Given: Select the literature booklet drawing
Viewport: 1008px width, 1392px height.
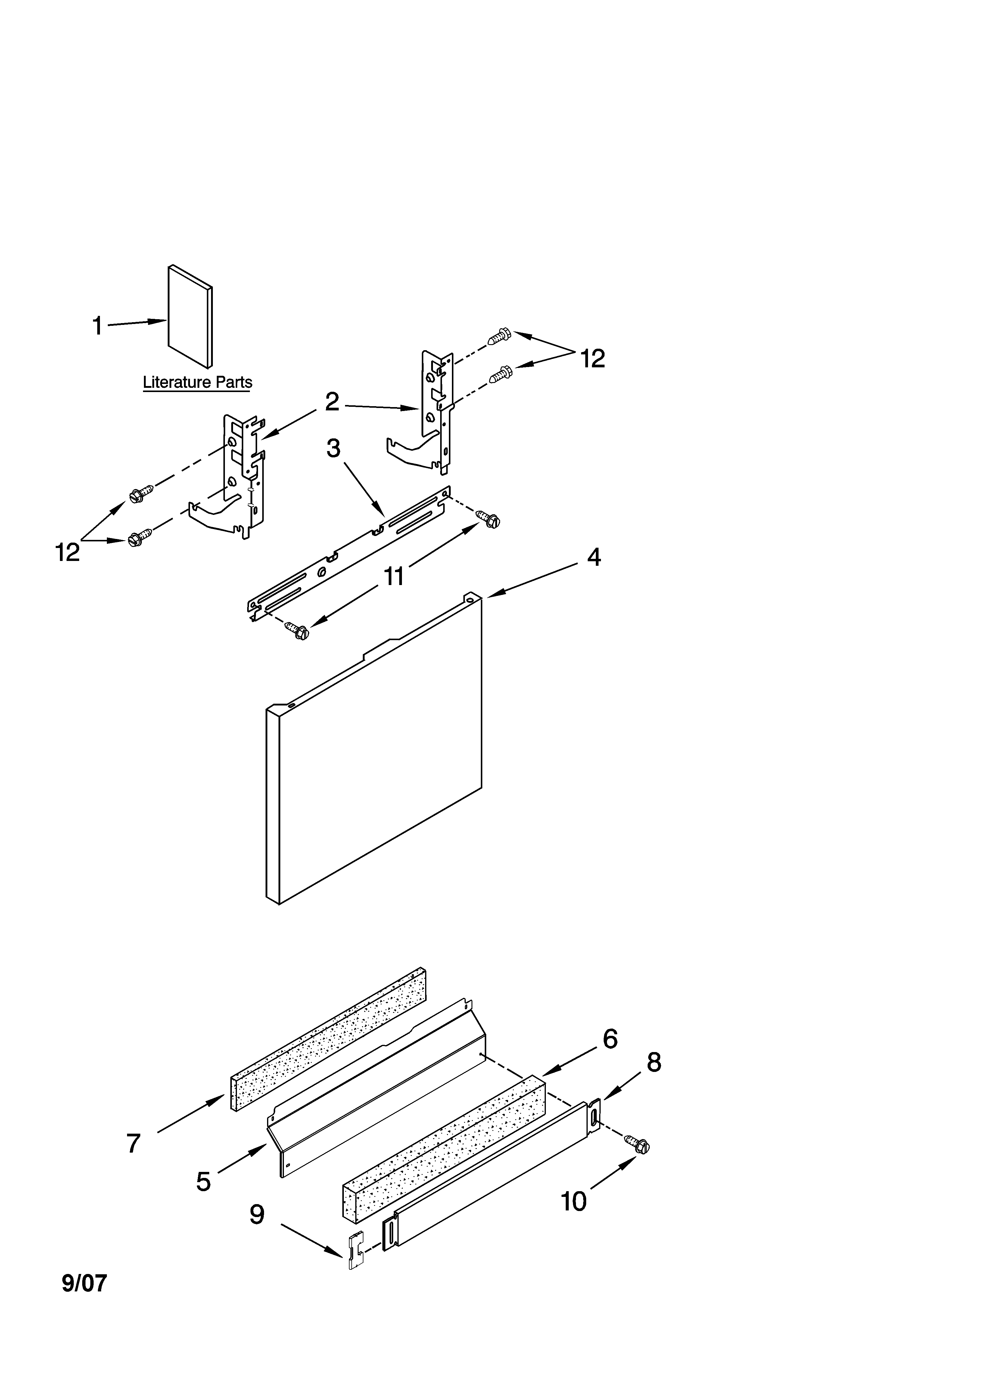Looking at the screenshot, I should [190, 316].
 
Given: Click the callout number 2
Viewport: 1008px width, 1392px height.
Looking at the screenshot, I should [331, 402].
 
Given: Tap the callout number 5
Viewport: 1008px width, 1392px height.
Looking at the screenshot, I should [203, 1182].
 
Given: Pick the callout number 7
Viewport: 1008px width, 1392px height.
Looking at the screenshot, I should [134, 1143].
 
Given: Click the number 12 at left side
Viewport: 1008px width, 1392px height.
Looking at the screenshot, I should [67, 553].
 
